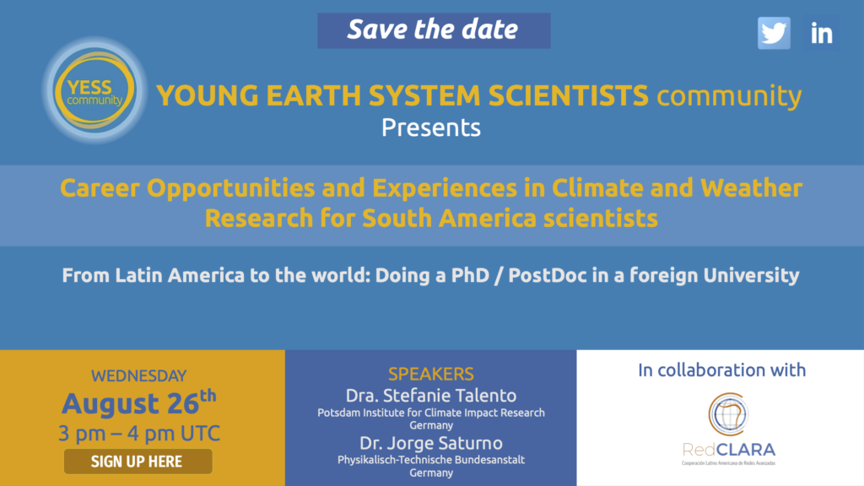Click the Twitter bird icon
[774, 33]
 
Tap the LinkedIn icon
[822, 34]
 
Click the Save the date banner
[434, 30]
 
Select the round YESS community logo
[94, 90]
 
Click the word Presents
[431, 128]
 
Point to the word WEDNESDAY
[139, 375]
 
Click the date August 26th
[139, 402]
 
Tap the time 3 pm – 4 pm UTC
[139, 434]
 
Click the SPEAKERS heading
[431, 374]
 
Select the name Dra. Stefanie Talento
[431, 396]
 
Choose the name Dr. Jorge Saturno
[431, 443]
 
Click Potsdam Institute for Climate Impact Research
[431, 413]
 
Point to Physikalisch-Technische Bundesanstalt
[431, 460]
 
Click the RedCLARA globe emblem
[728, 413]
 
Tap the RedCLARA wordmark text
[728, 450]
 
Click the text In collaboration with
[722, 370]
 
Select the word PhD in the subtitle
[470, 275]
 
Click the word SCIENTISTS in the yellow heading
[568, 95]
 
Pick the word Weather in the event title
[751, 188]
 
